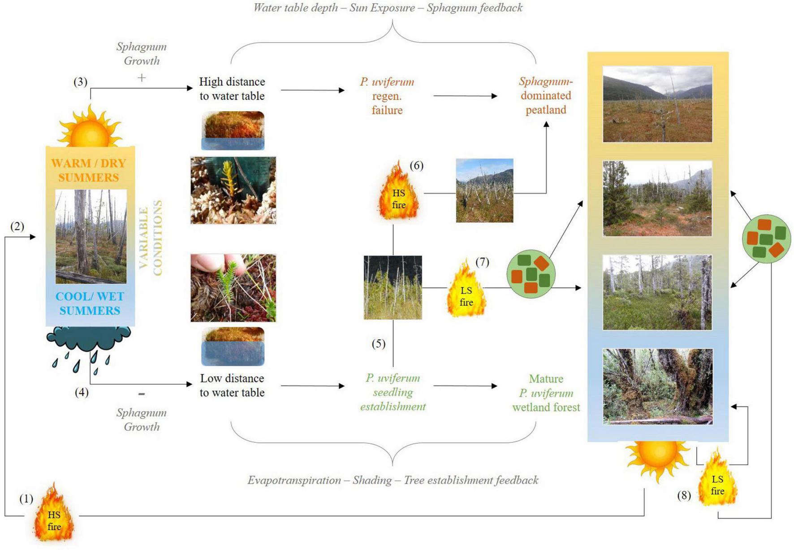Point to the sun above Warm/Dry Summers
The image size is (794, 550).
coord(90,128)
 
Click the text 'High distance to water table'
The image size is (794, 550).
coord(232,89)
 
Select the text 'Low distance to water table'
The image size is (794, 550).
coord(232,385)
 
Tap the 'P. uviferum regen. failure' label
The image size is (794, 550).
coord(387,96)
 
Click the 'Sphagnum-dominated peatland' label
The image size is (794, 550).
coord(546,95)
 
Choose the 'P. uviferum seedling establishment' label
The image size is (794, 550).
coord(393,392)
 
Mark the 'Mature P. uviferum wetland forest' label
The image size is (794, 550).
coord(546,393)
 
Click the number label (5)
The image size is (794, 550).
coord(379,344)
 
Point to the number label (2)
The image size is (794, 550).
coord(17,226)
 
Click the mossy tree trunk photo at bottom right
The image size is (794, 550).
coord(657,386)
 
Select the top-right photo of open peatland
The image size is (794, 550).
coord(657,104)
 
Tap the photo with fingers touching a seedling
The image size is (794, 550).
coord(233,288)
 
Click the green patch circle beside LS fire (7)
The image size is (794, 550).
coord(531,274)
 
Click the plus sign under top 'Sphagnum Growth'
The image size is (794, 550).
coord(142,78)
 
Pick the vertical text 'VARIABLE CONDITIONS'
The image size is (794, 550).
coord(151,238)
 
